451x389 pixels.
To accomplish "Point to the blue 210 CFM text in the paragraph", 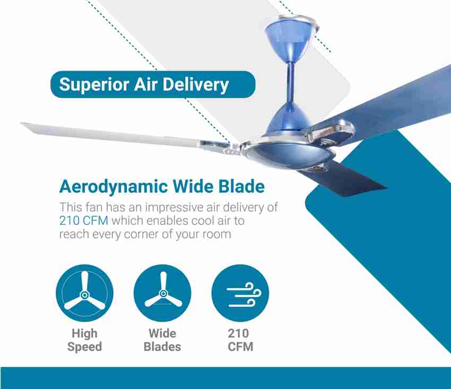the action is coord(84,221).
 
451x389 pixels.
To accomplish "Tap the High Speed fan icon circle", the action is coord(84,293).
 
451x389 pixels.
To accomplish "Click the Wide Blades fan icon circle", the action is coord(162,293).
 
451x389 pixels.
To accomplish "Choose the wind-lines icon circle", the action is coord(240,293).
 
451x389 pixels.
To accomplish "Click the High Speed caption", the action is coord(84,340).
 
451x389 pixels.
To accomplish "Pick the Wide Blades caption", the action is coord(162,340).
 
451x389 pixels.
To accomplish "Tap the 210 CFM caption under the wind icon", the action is coord(240,340).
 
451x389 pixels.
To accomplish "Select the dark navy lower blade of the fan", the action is coord(345,178).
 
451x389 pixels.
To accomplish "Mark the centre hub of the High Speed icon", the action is coord(84,295).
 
